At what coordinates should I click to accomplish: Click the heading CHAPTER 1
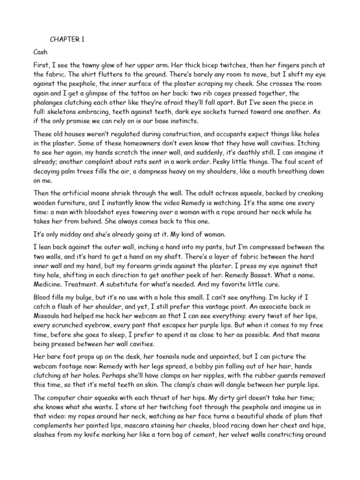tap(67, 40)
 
